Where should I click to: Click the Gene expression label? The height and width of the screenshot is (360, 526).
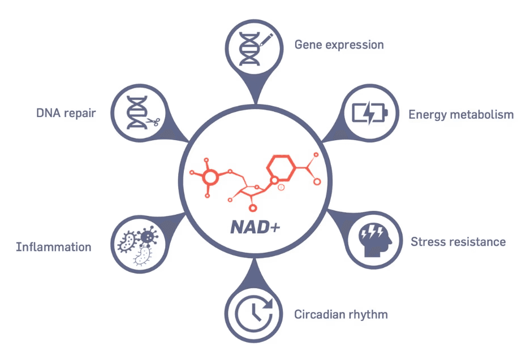tap(339, 45)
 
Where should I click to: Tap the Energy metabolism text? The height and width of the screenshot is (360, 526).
tap(461, 115)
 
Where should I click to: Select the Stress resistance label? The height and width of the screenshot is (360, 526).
tap(458, 242)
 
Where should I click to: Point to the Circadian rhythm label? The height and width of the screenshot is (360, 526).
tap(340, 314)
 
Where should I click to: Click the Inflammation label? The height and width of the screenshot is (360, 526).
tap(54, 247)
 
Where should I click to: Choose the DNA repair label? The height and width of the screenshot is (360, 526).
tap(66, 113)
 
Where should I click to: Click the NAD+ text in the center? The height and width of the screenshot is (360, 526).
tap(255, 227)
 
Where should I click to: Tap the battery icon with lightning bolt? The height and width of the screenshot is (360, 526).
tap(370, 113)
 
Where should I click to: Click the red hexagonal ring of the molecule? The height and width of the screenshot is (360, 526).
tap(282, 168)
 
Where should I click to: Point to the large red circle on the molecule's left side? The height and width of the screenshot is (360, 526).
tap(210, 177)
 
